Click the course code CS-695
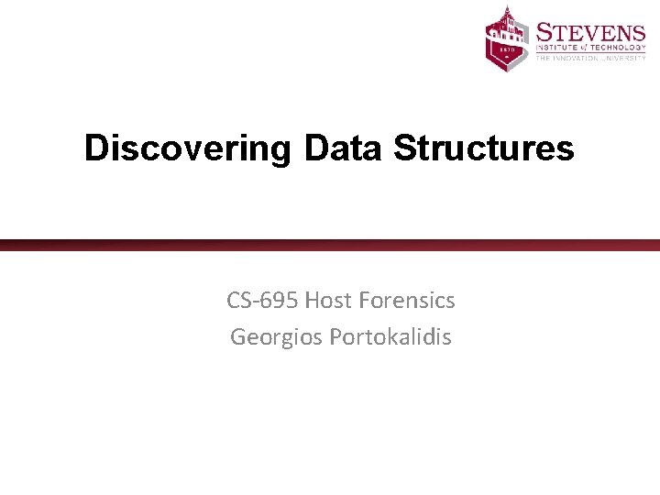click(x=262, y=300)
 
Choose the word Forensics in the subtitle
click(x=408, y=300)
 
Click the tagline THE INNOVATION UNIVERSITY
click(x=591, y=58)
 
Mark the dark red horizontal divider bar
click(x=330, y=245)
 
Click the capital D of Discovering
click(x=95, y=148)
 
